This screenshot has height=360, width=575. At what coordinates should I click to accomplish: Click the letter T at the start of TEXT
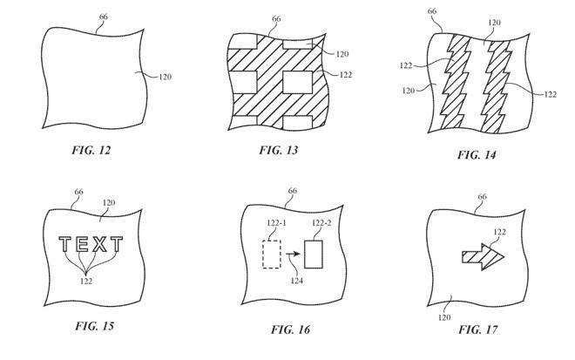pos(66,245)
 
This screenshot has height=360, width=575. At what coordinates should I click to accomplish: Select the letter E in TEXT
pos(85,245)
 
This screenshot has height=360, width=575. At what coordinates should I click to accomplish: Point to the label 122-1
pos(271,224)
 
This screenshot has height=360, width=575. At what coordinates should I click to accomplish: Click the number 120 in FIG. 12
pos(166,78)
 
